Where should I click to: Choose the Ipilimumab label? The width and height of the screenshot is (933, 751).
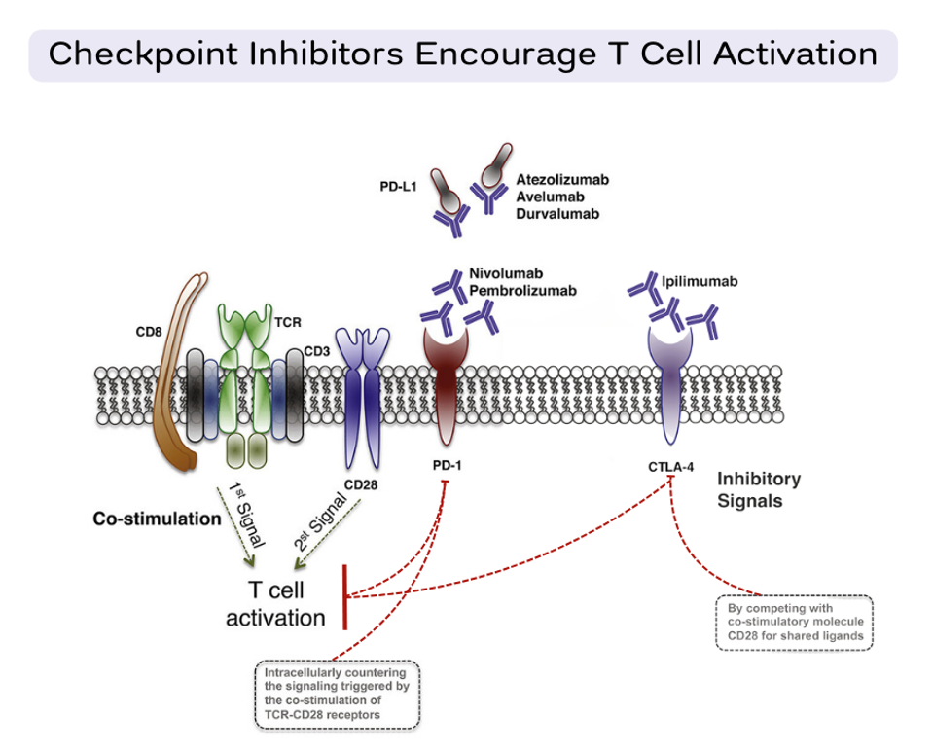(700, 281)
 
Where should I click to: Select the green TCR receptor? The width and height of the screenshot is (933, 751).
(244, 379)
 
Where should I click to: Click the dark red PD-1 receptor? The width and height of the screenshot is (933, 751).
(446, 384)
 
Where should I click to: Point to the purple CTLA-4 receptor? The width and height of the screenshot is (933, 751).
(670, 384)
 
